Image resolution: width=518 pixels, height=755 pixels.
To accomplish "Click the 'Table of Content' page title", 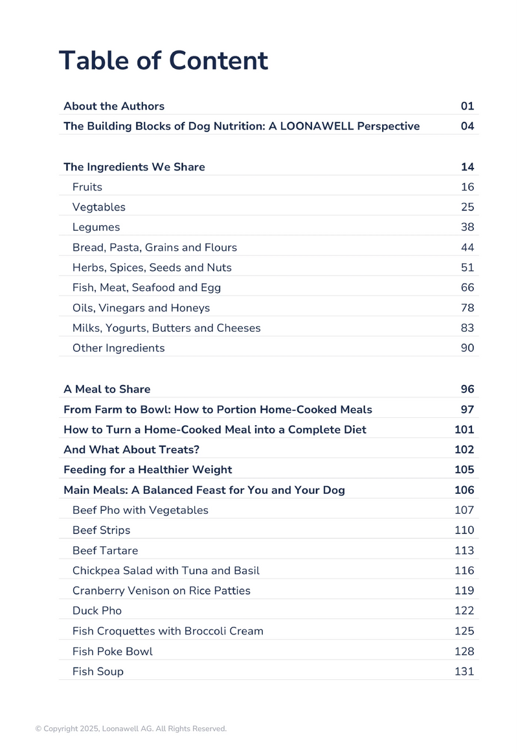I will pyautogui.click(x=163, y=61).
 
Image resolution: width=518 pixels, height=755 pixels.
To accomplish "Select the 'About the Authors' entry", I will pyautogui.click(x=114, y=106).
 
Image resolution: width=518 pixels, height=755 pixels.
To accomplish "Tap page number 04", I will pyautogui.click(x=467, y=126).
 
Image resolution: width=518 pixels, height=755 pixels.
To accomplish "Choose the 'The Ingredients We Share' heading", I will pyautogui.click(x=134, y=167).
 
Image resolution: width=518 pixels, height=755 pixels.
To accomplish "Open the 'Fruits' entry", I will pyautogui.click(x=87, y=187).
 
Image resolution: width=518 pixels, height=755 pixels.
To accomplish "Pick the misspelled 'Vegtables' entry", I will pyautogui.click(x=99, y=207).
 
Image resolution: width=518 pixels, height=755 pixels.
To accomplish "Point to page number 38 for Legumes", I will pyautogui.click(x=467, y=227).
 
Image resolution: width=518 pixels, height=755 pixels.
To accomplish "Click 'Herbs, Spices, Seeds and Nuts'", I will pyautogui.click(x=152, y=268).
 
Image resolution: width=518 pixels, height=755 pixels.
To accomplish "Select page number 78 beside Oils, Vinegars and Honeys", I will pyautogui.click(x=467, y=308).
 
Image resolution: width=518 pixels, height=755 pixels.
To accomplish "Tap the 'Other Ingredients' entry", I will pyautogui.click(x=118, y=348).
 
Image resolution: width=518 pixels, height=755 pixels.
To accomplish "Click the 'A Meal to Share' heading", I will pyautogui.click(x=107, y=389).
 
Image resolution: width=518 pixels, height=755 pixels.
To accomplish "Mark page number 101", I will pyautogui.click(x=465, y=430).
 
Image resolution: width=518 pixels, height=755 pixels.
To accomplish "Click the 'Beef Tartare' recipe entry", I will pyautogui.click(x=105, y=551).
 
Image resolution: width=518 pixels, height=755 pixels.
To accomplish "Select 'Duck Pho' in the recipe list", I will pyautogui.click(x=97, y=611).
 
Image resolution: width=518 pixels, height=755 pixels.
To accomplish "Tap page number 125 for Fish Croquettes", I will pyautogui.click(x=465, y=631).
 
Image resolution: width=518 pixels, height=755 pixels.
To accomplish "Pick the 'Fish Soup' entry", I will pyautogui.click(x=98, y=671).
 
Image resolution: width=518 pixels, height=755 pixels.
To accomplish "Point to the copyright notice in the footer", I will pyautogui.click(x=131, y=729).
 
